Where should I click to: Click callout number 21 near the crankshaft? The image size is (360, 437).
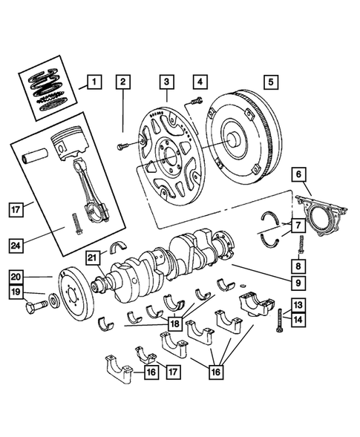tap(92, 257)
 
